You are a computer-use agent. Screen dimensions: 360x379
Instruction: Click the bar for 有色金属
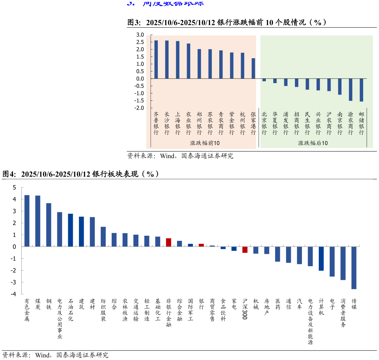click(27, 221)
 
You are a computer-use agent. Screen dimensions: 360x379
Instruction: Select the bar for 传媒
click(354, 268)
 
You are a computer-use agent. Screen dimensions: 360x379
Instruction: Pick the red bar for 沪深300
click(245, 250)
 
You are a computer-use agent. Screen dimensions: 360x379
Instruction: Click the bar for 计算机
click(321, 259)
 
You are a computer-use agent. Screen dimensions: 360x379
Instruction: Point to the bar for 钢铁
click(48, 225)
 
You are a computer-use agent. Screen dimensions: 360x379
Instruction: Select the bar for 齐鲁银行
click(156, 59)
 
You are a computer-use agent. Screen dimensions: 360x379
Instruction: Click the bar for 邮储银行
click(361, 90)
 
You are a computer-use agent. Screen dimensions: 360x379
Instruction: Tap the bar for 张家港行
click(253, 68)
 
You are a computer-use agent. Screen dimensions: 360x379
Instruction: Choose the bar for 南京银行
click(340, 86)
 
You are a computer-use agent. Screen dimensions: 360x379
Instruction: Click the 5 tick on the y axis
click(14, 188)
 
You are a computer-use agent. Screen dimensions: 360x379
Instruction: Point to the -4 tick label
click(13, 294)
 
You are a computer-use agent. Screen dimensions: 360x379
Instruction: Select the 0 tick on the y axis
click(14, 247)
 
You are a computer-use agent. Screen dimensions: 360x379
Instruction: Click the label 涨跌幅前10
click(202, 143)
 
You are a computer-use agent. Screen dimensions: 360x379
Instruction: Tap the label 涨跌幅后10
click(313, 143)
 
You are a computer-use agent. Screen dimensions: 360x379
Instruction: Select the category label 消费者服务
click(343, 313)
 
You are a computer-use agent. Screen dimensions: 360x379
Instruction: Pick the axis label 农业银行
click(188, 123)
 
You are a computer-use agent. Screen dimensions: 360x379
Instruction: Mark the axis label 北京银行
click(264, 123)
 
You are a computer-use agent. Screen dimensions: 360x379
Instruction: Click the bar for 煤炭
click(38, 221)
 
